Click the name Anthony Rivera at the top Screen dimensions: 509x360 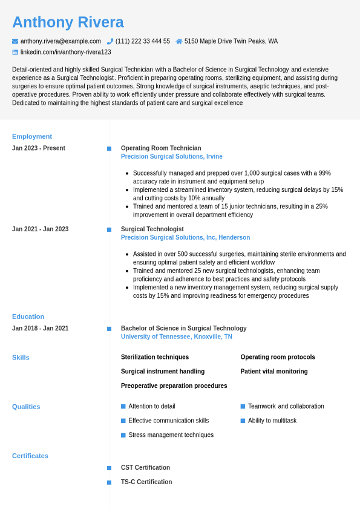[68, 22]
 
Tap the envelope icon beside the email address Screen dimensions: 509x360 [15, 41]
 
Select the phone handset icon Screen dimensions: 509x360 [110, 41]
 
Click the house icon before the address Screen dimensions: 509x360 [179, 41]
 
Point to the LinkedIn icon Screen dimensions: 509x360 [15, 52]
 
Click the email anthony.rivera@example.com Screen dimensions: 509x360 [61, 41]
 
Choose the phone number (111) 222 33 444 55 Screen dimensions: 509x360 [143, 41]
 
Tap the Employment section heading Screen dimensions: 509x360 [32, 136]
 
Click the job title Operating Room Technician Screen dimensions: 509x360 [161, 148]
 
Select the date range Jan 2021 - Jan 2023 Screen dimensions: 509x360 [41, 229]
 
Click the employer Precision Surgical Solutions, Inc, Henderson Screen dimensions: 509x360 [185, 238]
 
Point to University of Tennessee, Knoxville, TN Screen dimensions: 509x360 [176, 337]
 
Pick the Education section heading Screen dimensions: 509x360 [28, 317]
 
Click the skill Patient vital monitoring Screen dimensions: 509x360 [274, 372]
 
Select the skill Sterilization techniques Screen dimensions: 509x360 [155, 357]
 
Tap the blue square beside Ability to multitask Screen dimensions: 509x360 [243, 421]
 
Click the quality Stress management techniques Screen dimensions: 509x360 [171, 435]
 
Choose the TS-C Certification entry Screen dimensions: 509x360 [146, 482]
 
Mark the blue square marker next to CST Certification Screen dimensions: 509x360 [109, 468]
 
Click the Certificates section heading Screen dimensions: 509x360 [30, 456]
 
